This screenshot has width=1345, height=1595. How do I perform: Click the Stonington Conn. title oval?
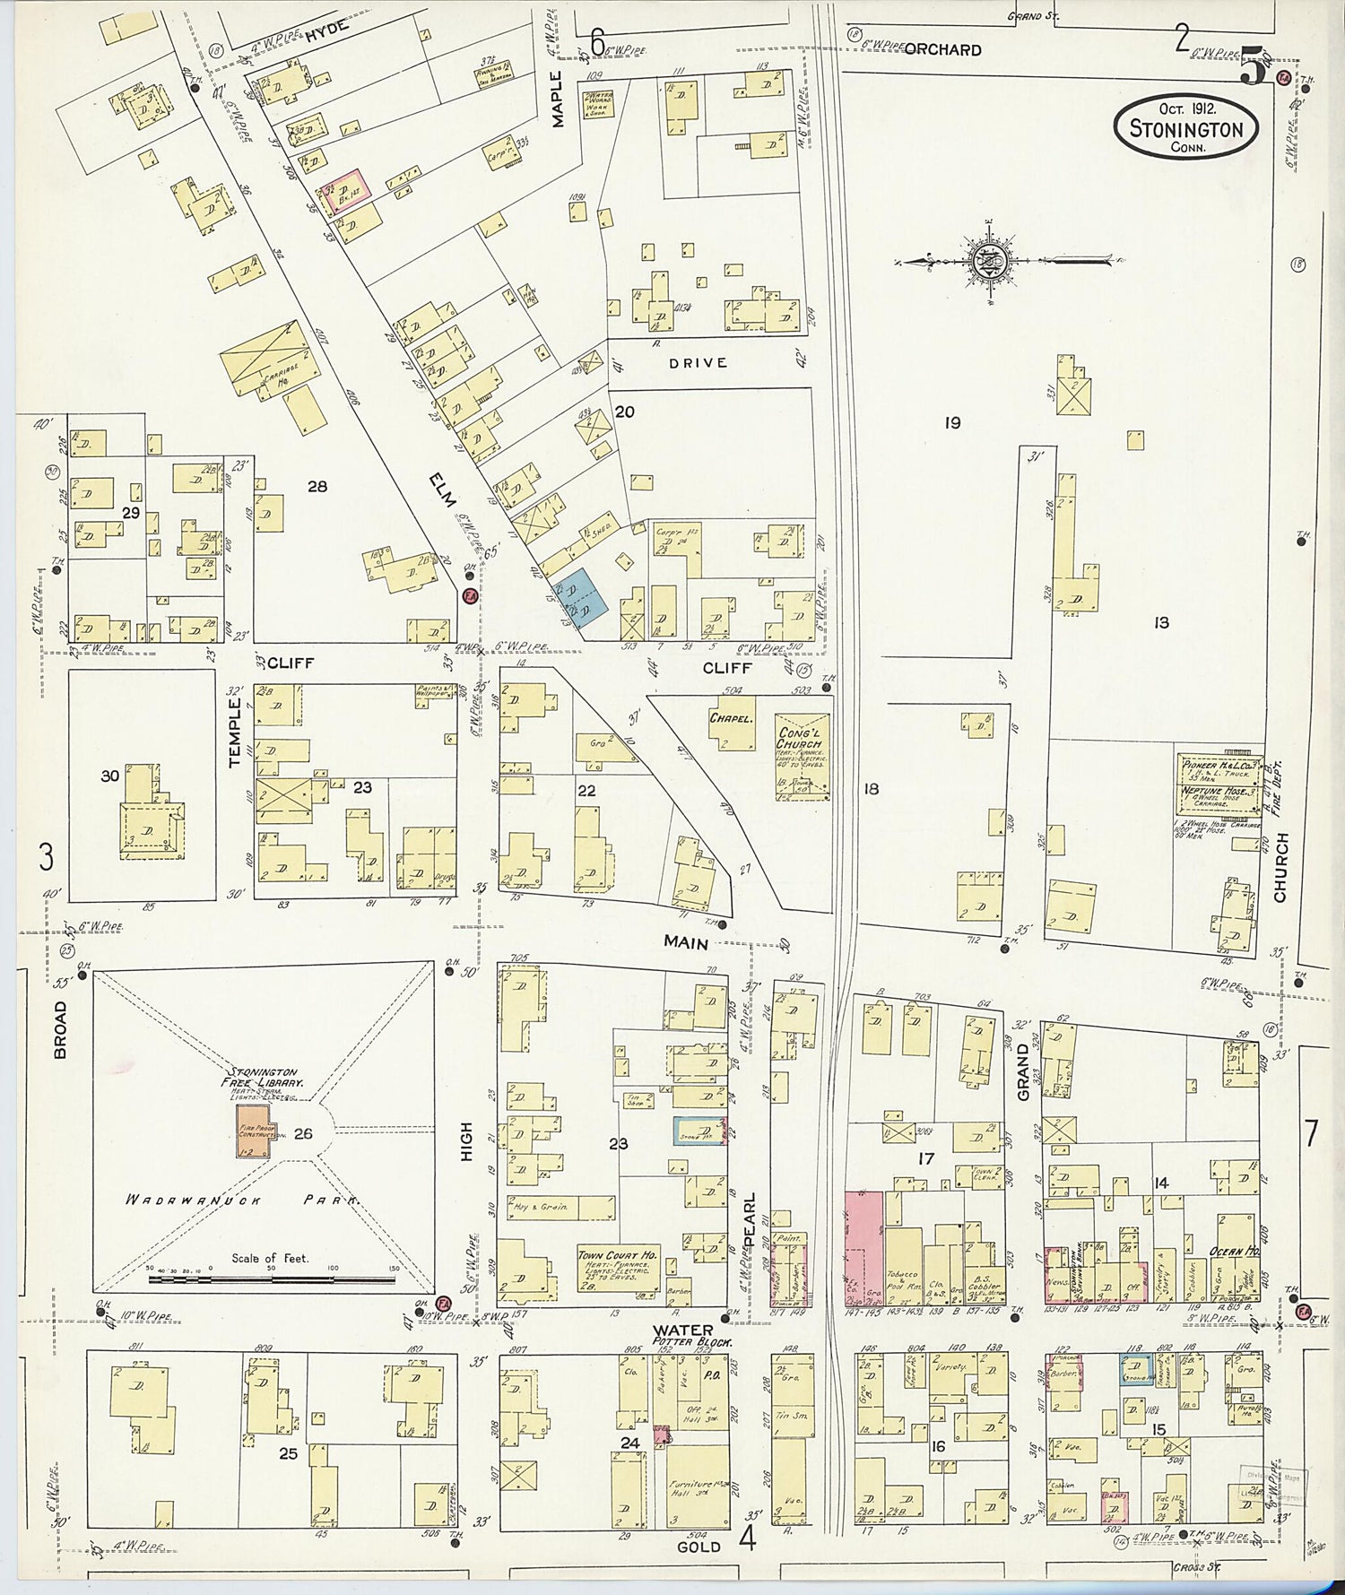(x=1185, y=128)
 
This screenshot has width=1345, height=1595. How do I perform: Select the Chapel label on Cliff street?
(x=730, y=718)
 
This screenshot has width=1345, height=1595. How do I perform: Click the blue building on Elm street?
(x=583, y=595)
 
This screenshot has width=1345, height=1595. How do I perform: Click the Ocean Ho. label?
(x=1236, y=1251)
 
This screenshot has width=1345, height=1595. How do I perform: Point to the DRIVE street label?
(x=698, y=363)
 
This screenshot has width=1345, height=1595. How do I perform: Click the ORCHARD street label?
(x=942, y=50)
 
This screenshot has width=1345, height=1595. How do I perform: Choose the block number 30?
(x=109, y=776)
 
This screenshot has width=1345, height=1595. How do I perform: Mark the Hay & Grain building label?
(x=540, y=1206)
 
